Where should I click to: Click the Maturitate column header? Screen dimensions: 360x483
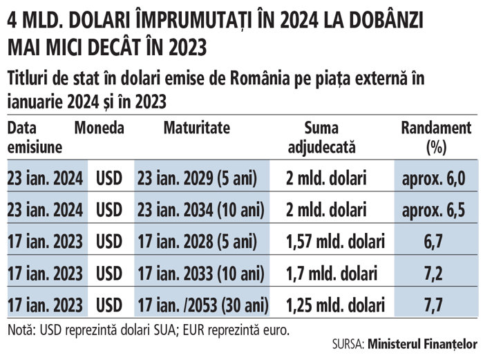click(x=197, y=129)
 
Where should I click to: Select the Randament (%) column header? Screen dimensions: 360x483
click(x=436, y=138)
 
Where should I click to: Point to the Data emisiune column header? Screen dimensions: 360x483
click(x=35, y=138)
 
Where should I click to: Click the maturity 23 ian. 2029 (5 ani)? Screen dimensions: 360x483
click(x=198, y=178)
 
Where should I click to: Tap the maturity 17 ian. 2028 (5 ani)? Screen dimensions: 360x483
click(x=198, y=241)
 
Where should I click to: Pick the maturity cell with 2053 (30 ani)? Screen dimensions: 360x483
click(x=202, y=305)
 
